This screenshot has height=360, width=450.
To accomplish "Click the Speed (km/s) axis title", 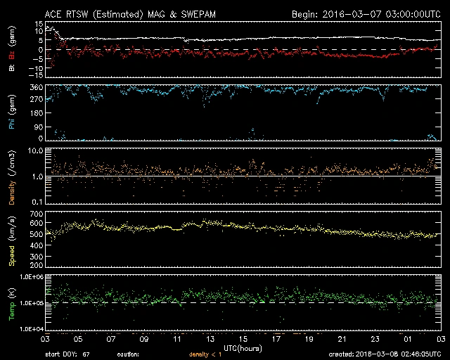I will pyautogui.click(x=11, y=240).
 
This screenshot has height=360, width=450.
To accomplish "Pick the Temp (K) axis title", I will pyautogui.click(x=11, y=303).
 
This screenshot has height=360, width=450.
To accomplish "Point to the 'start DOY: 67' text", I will pyautogui.click(x=67, y=354).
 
